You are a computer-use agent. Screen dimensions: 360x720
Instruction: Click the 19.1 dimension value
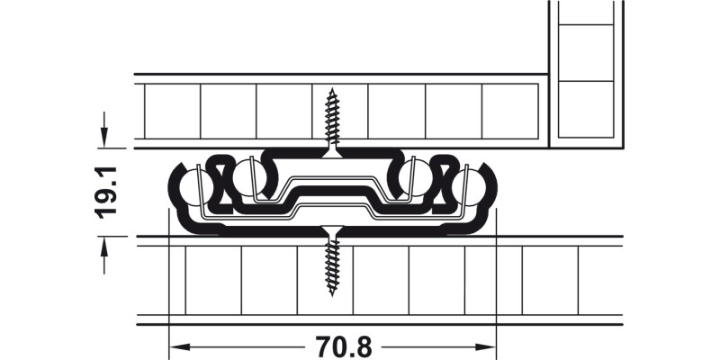(108, 191)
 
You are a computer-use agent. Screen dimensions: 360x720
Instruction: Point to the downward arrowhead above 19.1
(105, 139)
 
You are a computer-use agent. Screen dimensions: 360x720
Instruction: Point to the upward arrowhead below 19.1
(105, 244)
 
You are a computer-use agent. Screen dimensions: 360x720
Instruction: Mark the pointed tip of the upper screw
(332, 88)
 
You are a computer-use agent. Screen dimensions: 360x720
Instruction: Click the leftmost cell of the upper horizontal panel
(172, 112)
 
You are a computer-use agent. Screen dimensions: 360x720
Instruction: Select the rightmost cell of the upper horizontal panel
(510, 112)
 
